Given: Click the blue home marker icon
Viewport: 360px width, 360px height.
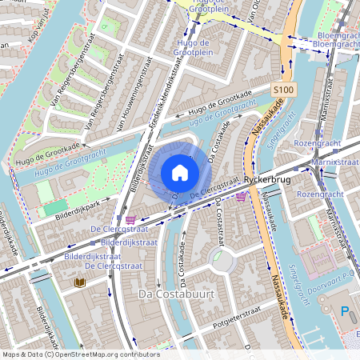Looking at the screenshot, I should tap(180, 173).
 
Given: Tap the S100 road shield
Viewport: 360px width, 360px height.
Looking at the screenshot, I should tap(282, 90).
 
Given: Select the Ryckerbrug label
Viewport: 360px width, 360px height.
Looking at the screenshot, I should tap(267, 180).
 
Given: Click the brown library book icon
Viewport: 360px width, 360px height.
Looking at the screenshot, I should tap(79, 282).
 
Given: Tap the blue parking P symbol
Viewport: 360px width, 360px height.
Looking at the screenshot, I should tap(346, 310).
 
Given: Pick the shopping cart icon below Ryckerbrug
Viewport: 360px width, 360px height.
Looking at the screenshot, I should tap(241, 195).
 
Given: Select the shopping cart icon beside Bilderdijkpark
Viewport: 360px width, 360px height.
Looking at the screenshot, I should tap(130, 218).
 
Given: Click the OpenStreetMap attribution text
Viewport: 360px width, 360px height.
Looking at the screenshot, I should tap(80, 354).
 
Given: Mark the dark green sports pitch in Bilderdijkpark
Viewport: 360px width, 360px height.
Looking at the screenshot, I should tap(55, 207).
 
